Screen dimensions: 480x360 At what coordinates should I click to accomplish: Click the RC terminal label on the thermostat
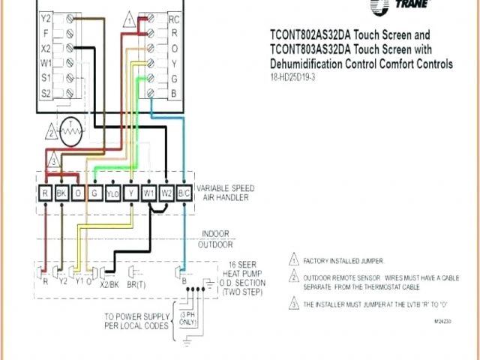[x=173, y=18]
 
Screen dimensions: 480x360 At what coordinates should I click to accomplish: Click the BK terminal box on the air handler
[x=61, y=193]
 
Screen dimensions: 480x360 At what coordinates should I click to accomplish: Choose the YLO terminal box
[x=112, y=193]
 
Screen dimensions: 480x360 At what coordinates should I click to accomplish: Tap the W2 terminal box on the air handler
[x=166, y=193]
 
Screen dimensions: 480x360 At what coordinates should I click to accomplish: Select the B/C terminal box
[x=184, y=193]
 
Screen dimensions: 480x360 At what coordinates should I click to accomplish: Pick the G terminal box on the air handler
[x=95, y=193]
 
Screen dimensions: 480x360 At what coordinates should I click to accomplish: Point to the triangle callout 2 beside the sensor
[x=52, y=133]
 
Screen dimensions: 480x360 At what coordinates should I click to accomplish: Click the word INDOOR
[x=214, y=233]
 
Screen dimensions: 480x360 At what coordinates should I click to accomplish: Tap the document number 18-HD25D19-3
[x=295, y=76]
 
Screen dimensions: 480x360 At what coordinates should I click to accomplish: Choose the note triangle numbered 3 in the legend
[x=293, y=304]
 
